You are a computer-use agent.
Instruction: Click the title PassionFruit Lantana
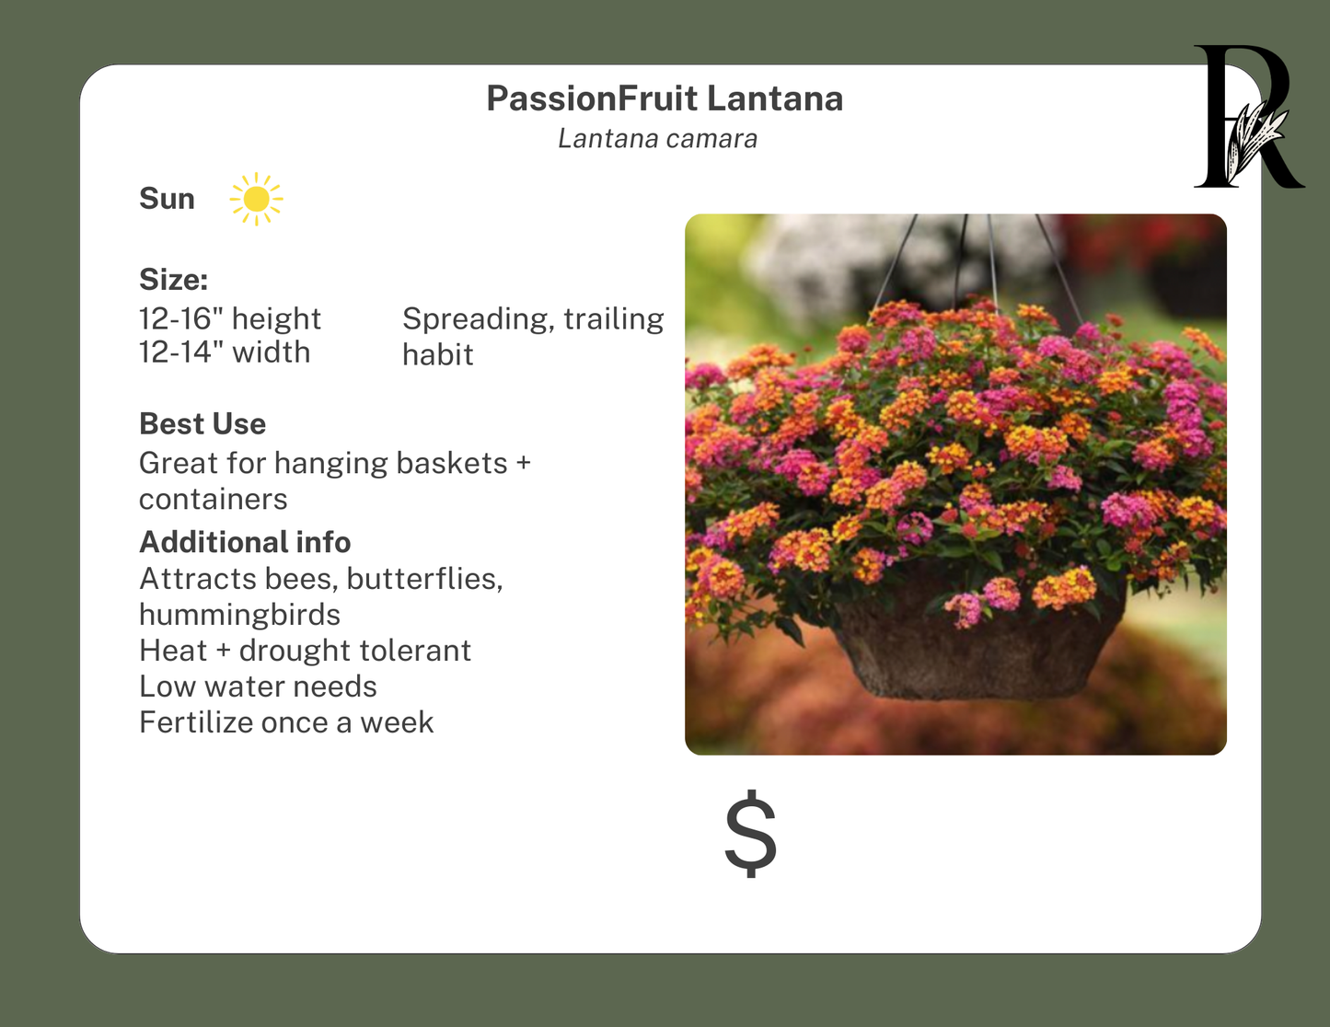click(665, 98)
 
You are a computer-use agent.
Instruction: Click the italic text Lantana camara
click(657, 139)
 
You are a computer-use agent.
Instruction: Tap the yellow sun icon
click(256, 199)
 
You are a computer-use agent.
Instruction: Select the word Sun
click(167, 199)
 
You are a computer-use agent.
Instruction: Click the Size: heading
click(173, 279)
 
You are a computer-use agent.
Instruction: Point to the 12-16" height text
click(229, 318)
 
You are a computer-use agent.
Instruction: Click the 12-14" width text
click(225, 352)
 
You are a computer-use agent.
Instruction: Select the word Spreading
click(478, 318)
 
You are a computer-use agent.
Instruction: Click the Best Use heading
click(202, 423)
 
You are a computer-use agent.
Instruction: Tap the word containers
click(213, 499)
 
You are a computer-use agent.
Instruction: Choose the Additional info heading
click(245, 542)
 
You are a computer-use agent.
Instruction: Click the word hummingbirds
click(239, 614)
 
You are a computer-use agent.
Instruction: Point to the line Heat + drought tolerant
click(305, 651)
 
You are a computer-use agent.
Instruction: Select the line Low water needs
click(258, 687)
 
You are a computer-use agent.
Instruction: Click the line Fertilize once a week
click(285, 722)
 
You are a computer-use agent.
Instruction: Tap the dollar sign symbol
click(750, 834)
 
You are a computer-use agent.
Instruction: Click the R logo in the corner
click(1247, 117)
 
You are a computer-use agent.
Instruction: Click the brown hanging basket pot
click(976, 653)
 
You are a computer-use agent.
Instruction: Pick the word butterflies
click(424, 579)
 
